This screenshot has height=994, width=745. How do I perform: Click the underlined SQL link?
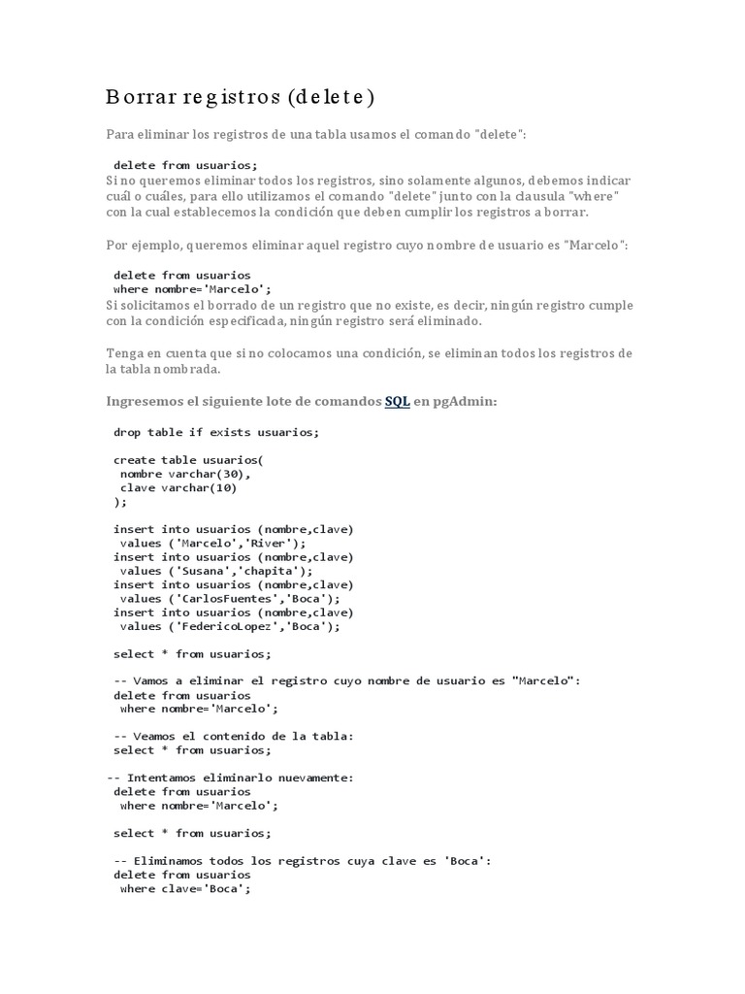tap(398, 401)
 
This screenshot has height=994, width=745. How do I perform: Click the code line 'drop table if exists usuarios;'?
tap(215, 432)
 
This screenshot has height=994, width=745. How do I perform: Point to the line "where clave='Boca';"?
tap(184, 888)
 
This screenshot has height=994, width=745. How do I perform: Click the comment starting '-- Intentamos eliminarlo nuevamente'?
tap(229, 778)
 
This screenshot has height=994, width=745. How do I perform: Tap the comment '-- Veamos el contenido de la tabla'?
tap(234, 736)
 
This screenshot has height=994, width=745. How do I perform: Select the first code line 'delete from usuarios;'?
tap(185, 165)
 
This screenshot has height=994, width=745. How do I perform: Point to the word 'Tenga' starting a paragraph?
tap(123, 352)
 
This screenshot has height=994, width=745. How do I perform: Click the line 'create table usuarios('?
tap(188, 460)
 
